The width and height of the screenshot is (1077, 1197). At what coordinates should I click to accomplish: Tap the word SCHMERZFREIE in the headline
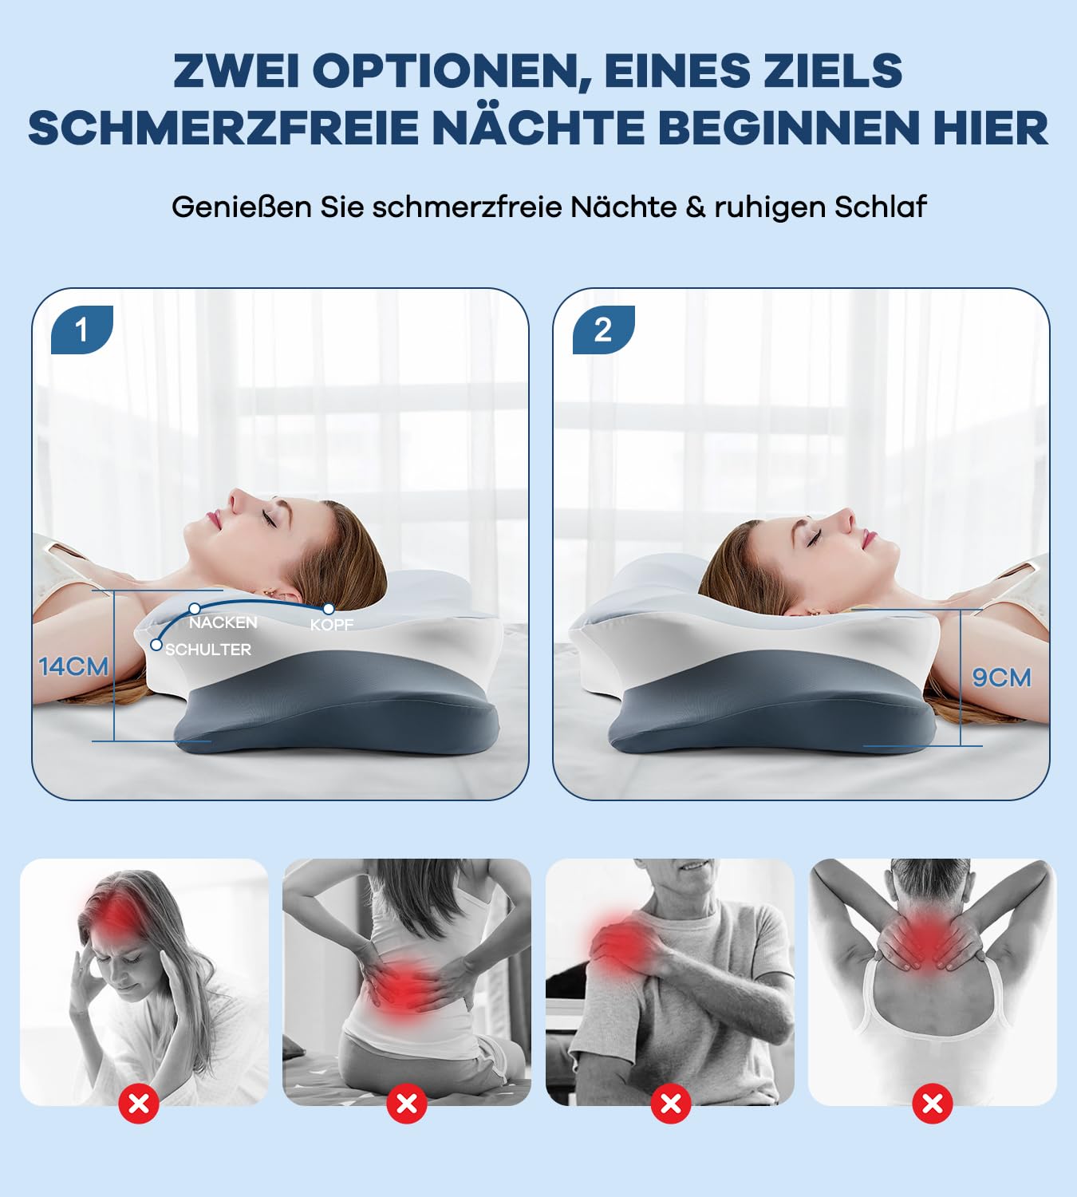click(x=223, y=128)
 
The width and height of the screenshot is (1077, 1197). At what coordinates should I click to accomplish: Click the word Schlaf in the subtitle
click(x=880, y=207)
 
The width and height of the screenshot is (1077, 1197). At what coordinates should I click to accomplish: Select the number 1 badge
click(x=81, y=330)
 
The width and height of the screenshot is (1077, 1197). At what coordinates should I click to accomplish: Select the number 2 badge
click(x=603, y=330)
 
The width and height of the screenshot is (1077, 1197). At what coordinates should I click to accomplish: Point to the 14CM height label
click(x=73, y=666)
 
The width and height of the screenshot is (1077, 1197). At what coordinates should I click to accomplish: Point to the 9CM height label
click(x=1001, y=678)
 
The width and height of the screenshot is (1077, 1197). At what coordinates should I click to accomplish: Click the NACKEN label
click(x=223, y=622)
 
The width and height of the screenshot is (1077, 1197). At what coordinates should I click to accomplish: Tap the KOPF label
click(x=332, y=625)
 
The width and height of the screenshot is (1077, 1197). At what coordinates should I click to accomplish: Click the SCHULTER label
click(x=208, y=650)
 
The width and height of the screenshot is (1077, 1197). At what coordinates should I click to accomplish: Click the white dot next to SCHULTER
click(x=156, y=644)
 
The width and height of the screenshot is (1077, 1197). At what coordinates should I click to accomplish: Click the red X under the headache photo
click(x=139, y=1104)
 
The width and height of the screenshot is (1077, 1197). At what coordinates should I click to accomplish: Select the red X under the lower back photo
click(x=407, y=1104)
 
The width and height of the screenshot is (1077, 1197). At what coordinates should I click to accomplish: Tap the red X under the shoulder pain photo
click(x=671, y=1104)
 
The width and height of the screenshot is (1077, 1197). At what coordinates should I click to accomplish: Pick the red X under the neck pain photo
click(x=933, y=1104)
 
